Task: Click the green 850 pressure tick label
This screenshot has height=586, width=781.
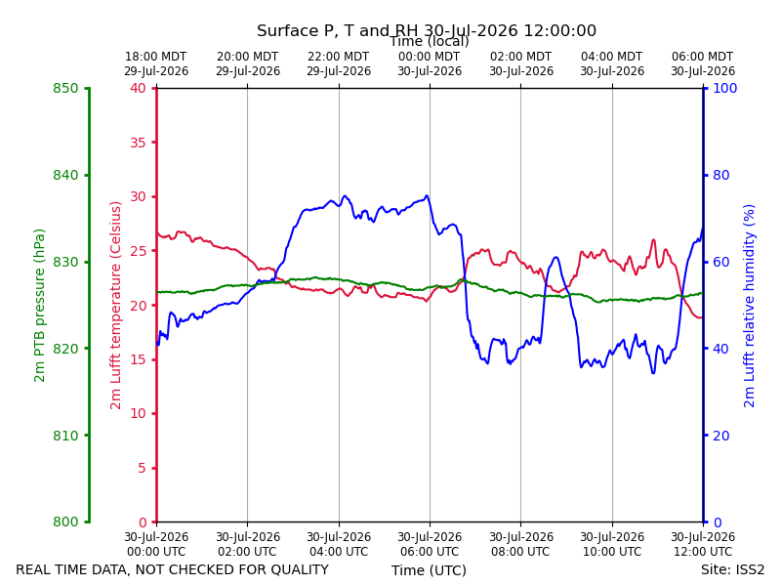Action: tap(65, 89)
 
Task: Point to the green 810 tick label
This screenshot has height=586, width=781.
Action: tap(65, 436)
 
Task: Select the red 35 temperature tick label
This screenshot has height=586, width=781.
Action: tap(139, 143)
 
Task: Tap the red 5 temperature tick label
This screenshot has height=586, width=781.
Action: tap(143, 469)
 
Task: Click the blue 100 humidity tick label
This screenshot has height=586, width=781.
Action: tap(725, 89)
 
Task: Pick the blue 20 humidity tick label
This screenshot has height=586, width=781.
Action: tap(721, 436)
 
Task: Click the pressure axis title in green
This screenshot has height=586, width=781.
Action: tap(39, 306)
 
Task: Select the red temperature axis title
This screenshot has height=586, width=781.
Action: tap(115, 306)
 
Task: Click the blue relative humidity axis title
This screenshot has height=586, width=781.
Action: tap(749, 306)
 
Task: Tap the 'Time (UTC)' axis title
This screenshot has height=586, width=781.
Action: tap(429, 570)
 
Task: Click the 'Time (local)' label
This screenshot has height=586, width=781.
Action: tap(430, 42)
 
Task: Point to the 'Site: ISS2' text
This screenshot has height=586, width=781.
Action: tap(733, 570)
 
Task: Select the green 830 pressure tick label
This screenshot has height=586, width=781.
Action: tap(65, 263)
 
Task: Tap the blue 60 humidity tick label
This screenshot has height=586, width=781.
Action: tap(721, 263)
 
